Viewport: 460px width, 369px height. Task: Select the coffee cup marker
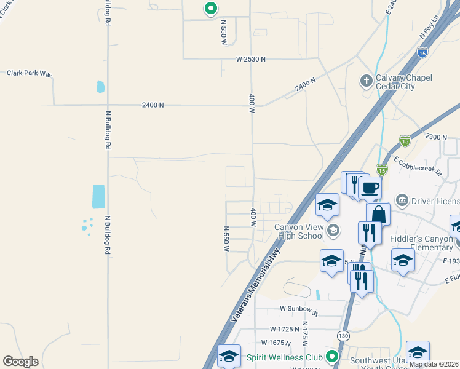tap(370, 188)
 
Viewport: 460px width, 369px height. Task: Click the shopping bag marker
tap(378, 215)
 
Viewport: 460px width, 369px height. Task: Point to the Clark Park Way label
tap(28, 73)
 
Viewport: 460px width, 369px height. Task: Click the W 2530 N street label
tap(251, 59)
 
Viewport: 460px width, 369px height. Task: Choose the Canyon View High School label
tap(299, 231)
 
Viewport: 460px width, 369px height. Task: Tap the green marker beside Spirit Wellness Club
tap(332, 357)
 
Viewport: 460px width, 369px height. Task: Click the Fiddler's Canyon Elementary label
tap(421, 242)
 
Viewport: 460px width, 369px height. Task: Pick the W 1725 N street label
tap(284, 330)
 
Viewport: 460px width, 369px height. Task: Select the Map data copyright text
tap(434, 364)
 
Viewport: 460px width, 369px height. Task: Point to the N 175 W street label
tap(304, 332)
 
